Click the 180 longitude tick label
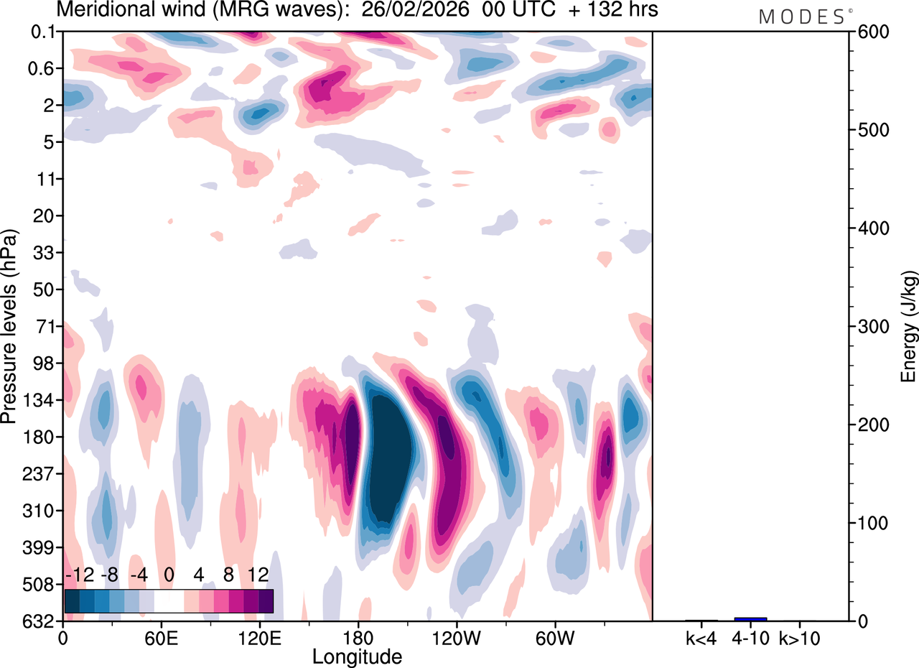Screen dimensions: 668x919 click(358, 638)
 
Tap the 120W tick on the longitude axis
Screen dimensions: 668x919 click(457, 638)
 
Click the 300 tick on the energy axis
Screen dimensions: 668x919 click(868, 327)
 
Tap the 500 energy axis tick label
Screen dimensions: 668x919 click(868, 130)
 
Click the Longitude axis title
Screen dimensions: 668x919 click(357, 656)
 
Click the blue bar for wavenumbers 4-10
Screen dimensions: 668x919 click(750, 619)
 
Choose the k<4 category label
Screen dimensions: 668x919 click(701, 638)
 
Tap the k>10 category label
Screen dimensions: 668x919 click(800, 638)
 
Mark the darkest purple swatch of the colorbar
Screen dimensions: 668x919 click(266, 600)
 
